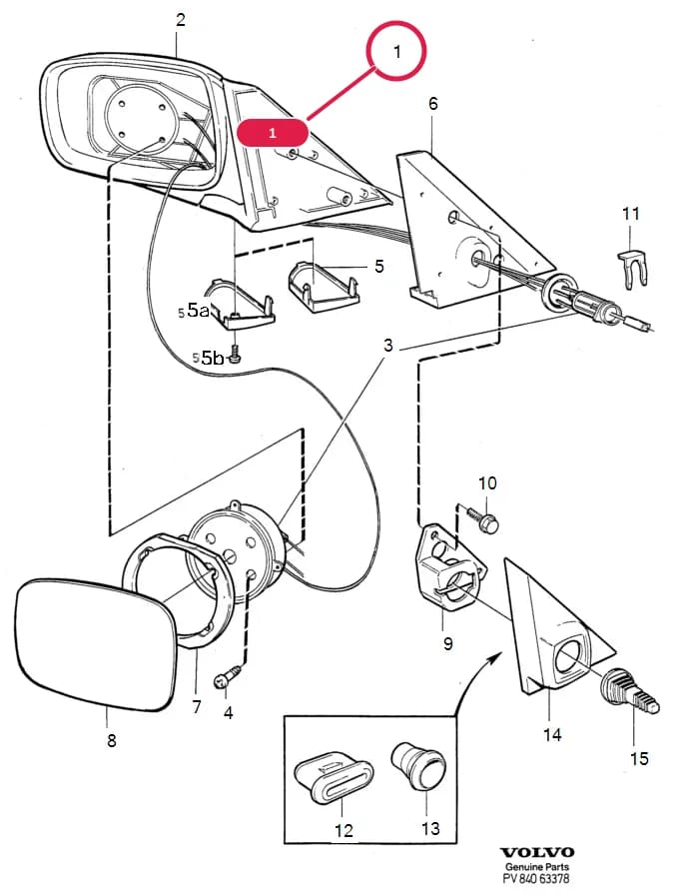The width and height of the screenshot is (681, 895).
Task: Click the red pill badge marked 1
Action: click(273, 133)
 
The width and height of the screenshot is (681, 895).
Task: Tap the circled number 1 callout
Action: click(397, 51)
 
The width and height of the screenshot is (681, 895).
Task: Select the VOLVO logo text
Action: click(536, 852)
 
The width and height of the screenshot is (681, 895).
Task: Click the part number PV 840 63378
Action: click(536, 879)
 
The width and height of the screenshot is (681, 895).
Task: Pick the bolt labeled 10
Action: click(483, 518)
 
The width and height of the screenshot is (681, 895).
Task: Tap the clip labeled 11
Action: click(634, 267)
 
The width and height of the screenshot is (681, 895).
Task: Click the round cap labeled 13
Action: click(418, 765)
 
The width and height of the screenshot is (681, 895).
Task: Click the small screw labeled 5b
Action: click(235, 356)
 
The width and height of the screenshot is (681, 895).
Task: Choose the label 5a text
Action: click(198, 310)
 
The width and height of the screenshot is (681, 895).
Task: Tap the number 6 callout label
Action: click(433, 103)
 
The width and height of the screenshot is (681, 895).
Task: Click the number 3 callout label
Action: click(387, 345)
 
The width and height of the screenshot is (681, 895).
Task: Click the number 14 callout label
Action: click(551, 734)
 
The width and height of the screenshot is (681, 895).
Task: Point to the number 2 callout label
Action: click(180, 20)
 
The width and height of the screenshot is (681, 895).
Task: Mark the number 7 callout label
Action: click(197, 707)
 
